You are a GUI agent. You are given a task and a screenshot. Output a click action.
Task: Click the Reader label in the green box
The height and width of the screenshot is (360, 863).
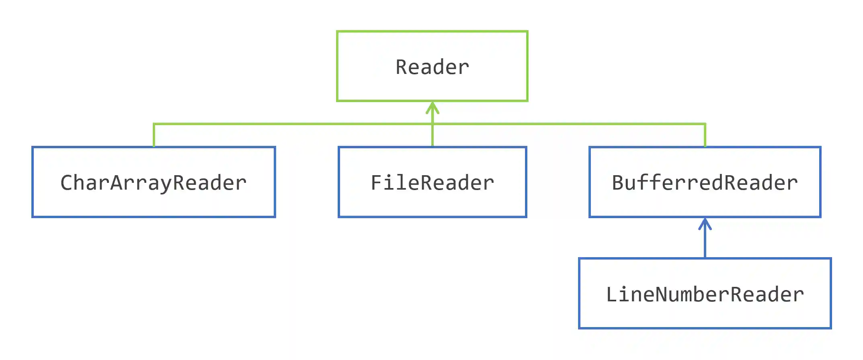click(x=432, y=67)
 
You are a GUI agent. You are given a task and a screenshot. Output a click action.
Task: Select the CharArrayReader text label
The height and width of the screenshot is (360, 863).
click(x=154, y=183)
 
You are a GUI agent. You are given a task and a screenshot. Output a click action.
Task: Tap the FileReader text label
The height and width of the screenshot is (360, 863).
click(x=432, y=183)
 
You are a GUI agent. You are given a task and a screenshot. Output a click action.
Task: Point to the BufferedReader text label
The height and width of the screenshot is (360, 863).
click(x=705, y=183)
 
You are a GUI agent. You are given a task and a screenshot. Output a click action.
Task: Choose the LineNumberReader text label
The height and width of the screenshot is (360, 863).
click(x=705, y=295)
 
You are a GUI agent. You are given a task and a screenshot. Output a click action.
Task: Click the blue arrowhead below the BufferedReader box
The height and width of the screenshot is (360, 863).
click(x=705, y=223)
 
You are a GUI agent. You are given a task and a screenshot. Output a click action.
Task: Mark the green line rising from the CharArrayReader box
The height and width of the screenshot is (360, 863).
click(x=154, y=136)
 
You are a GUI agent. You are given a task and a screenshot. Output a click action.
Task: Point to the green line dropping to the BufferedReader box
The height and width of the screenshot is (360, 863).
click(x=705, y=136)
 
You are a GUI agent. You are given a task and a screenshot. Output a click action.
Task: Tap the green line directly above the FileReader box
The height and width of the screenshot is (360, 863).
click(x=432, y=136)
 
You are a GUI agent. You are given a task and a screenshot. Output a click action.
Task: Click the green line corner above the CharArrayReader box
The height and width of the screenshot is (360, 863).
click(x=154, y=124)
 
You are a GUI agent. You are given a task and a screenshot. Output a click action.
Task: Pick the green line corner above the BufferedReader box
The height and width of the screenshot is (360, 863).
click(x=705, y=124)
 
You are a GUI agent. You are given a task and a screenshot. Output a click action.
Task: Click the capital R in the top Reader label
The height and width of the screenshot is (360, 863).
click(x=402, y=67)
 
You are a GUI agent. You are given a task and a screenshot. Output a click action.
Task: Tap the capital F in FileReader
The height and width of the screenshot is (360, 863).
click(x=377, y=183)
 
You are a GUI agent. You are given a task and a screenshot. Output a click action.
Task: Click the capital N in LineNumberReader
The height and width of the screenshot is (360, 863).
click(x=662, y=295)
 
